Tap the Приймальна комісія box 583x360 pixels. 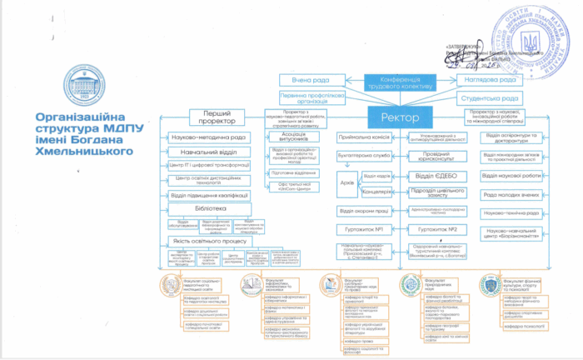[363, 137]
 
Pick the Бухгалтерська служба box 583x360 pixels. [363, 155]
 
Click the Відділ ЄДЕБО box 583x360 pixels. [436, 176]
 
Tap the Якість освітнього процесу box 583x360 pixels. [209, 241]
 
